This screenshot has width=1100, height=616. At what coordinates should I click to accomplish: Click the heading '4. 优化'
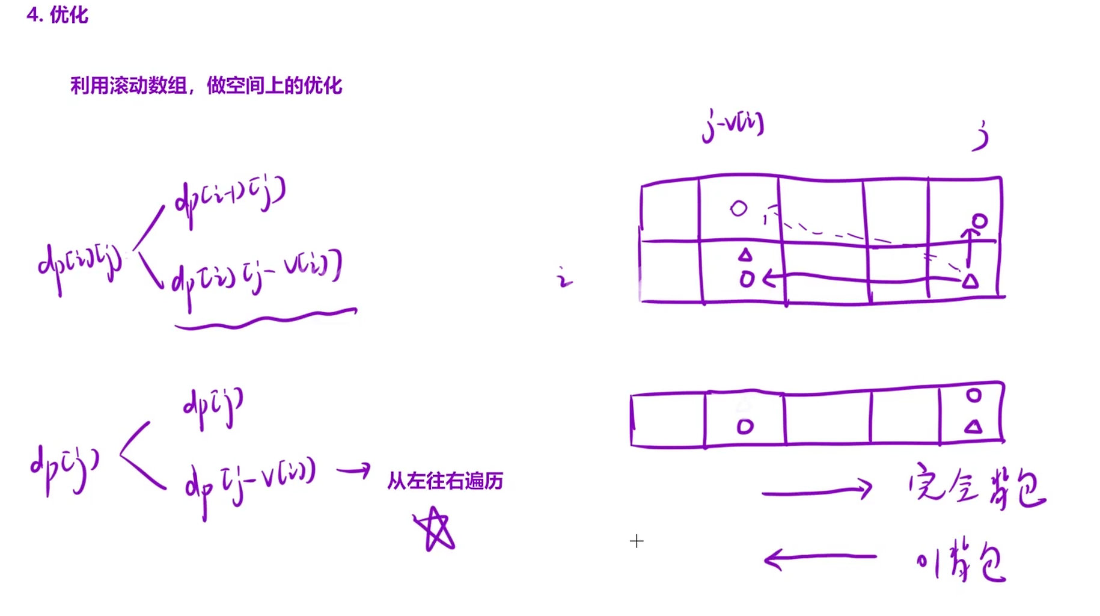pos(58,15)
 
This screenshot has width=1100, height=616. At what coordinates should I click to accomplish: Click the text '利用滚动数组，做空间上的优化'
pos(206,86)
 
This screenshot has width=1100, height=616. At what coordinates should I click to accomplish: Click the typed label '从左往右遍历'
pos(445,481)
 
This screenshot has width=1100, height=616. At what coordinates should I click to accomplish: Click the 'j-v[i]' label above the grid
pos(733,125)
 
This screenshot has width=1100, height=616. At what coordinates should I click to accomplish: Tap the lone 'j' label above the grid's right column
pos(981,137)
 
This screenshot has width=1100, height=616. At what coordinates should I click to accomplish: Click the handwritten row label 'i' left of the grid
pos(564,279)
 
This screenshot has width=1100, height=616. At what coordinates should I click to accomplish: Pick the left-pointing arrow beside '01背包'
pos(820,559)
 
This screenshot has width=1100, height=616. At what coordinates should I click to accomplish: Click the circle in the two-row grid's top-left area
pos(739,209)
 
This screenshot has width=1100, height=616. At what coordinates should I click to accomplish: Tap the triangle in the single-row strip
pos(973,427)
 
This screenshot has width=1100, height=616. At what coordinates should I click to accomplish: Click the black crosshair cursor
pos(637,541)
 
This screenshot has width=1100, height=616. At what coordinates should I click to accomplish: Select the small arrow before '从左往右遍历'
pos(354,470)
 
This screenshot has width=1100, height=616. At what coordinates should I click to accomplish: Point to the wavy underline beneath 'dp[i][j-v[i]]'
pos(266,319)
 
